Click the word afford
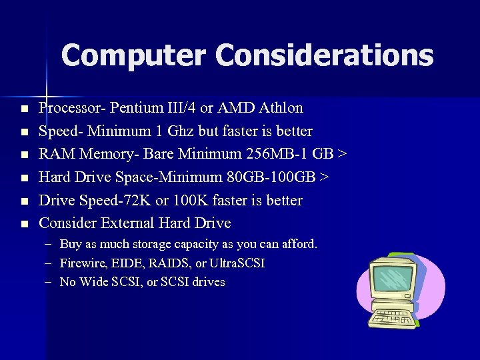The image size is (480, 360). click(x=299, y=244)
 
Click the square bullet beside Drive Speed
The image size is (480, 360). click(x=24, y=201)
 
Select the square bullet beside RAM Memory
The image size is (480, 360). click(x=24, y=155)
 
